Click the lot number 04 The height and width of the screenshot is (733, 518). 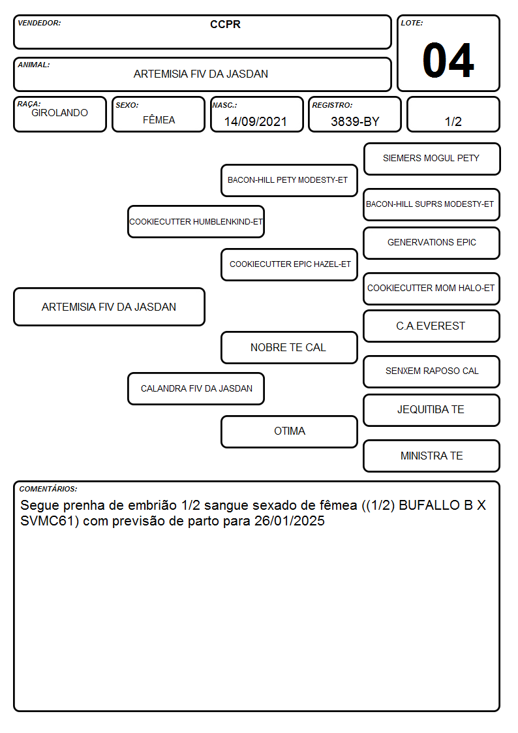tap(448, 60)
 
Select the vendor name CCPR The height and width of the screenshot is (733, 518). tap(225, 24)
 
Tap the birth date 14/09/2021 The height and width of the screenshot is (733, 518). tap(256, 121)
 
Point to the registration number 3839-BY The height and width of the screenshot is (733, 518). tap(355, 121)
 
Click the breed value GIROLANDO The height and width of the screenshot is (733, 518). tap(59, 113)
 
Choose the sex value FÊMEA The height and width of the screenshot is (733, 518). tap(159, 119)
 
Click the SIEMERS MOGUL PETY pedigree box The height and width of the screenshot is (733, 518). tap(432, 159)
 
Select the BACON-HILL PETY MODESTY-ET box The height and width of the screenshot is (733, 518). tap(289, 180)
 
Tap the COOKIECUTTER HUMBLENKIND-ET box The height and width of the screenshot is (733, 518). tap(196, 221)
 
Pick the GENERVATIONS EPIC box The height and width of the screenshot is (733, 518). tap(432, 243)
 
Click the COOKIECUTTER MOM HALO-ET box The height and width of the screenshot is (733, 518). tap(432, 289)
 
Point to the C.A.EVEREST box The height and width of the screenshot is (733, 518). tap(432, 326)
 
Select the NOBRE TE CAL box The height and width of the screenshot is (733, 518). tap(289, 348)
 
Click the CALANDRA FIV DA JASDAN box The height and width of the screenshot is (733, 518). tap(196, 389)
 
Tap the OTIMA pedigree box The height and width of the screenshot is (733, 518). tap(289, 432)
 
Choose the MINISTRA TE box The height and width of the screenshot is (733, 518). tap(432, 456)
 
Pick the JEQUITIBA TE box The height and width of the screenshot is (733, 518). tap(432, 411)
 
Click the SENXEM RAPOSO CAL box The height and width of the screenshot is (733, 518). tap(432, 372)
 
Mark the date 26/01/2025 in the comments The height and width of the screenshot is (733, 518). tap(290, 521)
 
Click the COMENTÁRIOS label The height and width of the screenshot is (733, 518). tap(48, 489)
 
